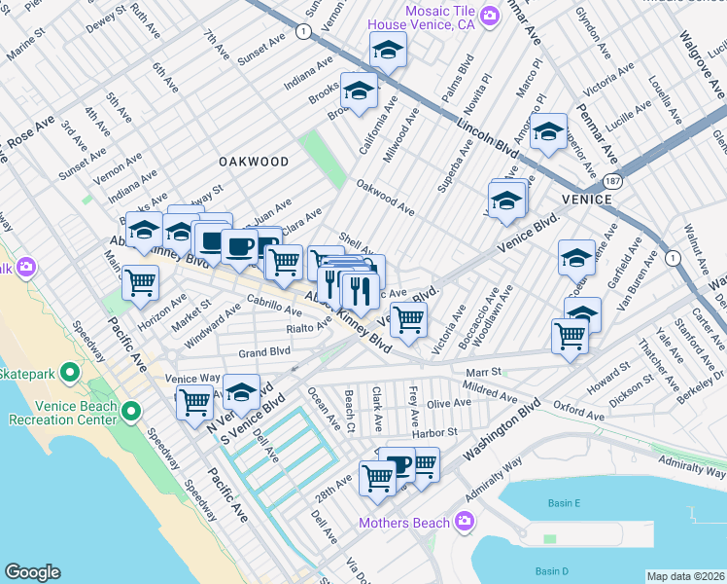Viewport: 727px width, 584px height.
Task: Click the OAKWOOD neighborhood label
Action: click(253, 162)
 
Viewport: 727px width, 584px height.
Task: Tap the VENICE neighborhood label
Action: click(586, 199)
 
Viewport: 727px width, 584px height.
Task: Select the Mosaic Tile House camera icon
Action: click(490, 15)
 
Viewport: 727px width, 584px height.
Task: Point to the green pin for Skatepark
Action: click(69, 373)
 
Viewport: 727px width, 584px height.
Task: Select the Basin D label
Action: click(551, 570)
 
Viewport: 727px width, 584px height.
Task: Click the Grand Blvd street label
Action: click(265, 351)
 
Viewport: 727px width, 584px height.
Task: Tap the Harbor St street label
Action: click(433, 432)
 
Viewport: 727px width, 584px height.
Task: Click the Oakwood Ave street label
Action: click(385, 198)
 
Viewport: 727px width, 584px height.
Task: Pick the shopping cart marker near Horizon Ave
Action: click(141, 282)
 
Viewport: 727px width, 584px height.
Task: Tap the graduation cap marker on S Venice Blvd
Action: click(241, 392)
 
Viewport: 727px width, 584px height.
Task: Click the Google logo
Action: click(32, 572)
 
